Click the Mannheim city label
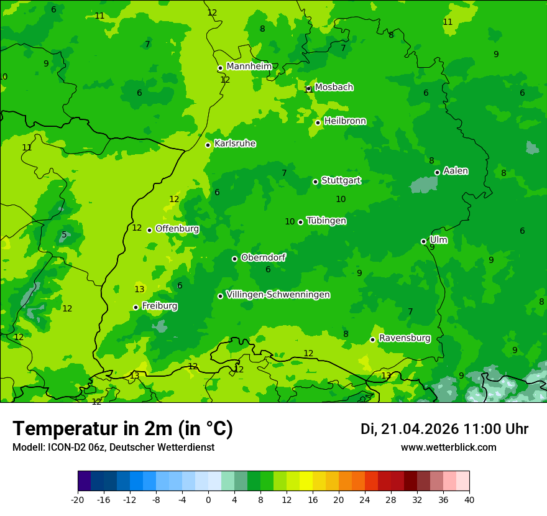pyautogui.click(x=249, y=67)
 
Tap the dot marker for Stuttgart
pyautogui.click(x=315, y=182)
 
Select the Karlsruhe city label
pyautogui.click(x=234, y=144)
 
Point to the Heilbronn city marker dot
pyautogui.click(x=318, y=122)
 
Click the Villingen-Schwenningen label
pyautogui.click(x=278, y=295)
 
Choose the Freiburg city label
pyautogui.click(x=159, y=306)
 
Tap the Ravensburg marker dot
pyautogui.click(x=372, y=339)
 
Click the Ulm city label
pyautogui.click(x=438, y=240)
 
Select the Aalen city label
pyautogui.click(x=456, y=171)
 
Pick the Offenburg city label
pyautogui.click(x=177, y=229)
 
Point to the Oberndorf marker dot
pyautogui.click(x=234, y=259)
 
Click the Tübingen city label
pyautogui.click(x=326, y=221)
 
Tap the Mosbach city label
pyautogui.click(x=334, y=88)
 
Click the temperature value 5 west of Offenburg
pyautogui.click(x=64, y=235)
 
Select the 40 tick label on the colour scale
pyautogui.click(x=469, y=500)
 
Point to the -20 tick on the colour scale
pyautogui.click(x=77, y=500)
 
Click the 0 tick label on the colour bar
pyautogui.click(x=208, y=500)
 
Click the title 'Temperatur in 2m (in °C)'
pyautogui.click(x=122, y=429)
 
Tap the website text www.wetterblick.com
pyautogui.click(x=448, y=448)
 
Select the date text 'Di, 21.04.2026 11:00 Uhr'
pyautogui.click(x=444, y=429)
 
